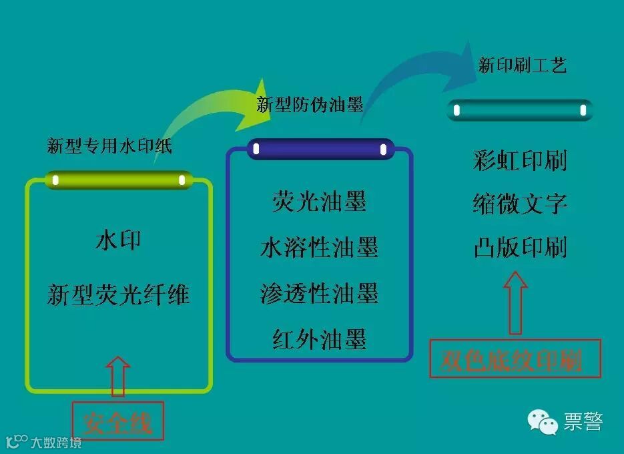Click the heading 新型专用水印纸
pyautogui.click(x=109, y=146)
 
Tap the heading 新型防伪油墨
pyautogui.click(x=310, y=104)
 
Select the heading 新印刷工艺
pyautogui.click(x=523, y=65)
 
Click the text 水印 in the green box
pyautogui.click(x=118, y=240)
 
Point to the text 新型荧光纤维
pyautogui.click(x=118, y=294)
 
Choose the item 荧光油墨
pyautogui.click(x=319, y=202)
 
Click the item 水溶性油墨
pyautogui.click(x=319, y=248)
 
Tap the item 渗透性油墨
pyautogui.click(x=319, y=293)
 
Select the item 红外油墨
pyautogui.click(x=319, y=339)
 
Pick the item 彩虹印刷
pyautogui.click(x=520, y=161)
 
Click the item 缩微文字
pyautogui.click(x=520, y=204)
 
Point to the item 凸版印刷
pyautogui.click(x=520, y=248)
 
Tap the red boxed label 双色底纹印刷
pyautogui.click(x=515, y=361)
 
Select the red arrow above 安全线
pyautogui.click(x=117, y=375)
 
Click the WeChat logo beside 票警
pyautogui.click(x=543, y=422)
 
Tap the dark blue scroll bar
pyautogui.click(x=320, y=149)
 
